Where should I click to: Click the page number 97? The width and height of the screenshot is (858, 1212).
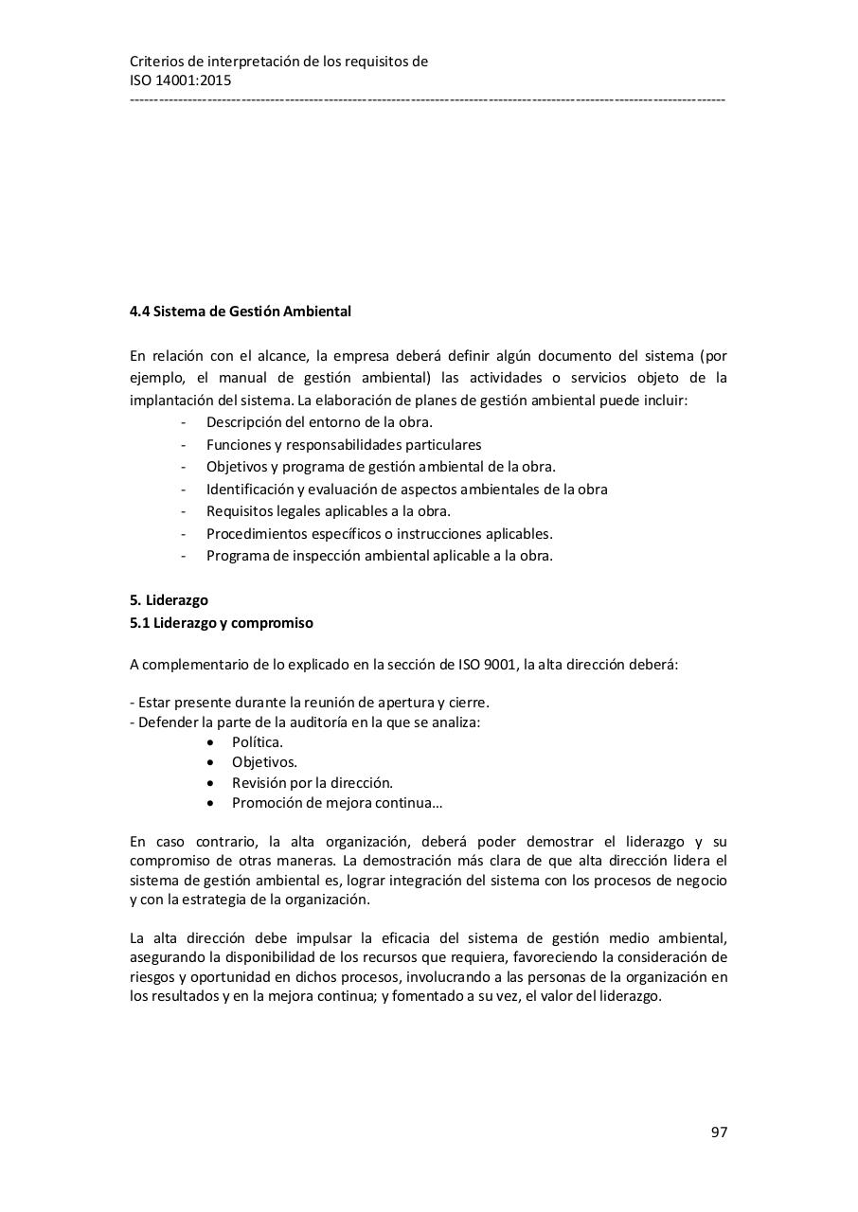(719, 1132)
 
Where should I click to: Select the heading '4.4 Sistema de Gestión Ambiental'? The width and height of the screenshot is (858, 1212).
(240, 312)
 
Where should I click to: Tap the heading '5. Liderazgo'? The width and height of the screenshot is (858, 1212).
(169, 600)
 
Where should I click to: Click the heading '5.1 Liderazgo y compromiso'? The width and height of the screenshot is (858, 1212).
(221, 623)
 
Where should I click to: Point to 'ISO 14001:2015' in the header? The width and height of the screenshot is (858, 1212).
(180, 80)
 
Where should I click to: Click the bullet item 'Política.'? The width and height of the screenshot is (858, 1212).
(257, 742)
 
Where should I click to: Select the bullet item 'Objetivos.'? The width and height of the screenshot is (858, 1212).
(264, 762)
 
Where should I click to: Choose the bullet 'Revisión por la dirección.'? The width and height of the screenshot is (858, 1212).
(312, 783)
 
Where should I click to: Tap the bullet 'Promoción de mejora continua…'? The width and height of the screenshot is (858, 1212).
(337, 803)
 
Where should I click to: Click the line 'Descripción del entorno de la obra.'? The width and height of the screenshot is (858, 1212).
(319, 422)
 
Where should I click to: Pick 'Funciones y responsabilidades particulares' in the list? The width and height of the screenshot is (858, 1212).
(344, 444)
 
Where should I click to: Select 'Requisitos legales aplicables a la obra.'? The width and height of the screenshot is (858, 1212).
(328, 511)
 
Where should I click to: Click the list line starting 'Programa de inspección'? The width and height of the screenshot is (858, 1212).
(379, 556)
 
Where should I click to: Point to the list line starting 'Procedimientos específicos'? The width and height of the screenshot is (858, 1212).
(379, 534)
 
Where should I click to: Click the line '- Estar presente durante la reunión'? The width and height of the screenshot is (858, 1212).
(310, 703)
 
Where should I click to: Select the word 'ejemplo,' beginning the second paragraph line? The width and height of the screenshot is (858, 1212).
(156, 378)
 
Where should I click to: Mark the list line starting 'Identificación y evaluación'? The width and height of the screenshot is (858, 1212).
(406, 490)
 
